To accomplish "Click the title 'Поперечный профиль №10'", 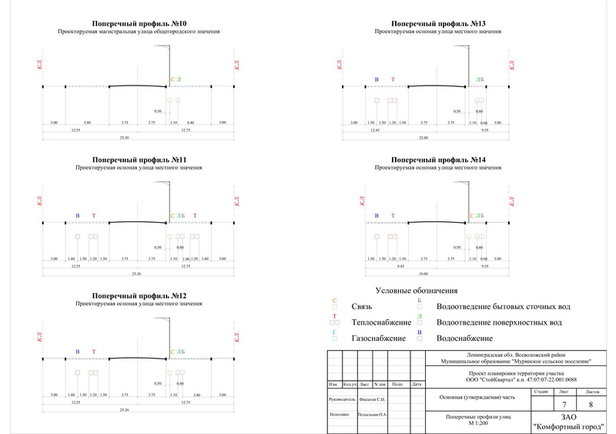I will [139, 25].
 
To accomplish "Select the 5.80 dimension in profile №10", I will [88, 123].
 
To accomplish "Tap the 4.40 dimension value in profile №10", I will [190, 123].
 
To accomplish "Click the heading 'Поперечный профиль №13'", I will [437, 25].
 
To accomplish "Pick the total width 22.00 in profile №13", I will [423, 137].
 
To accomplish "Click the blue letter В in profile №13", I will [377, 79].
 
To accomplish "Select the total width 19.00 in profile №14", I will [423, 274].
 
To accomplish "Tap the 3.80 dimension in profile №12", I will [197, 395].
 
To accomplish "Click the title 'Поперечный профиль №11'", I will [139, 160].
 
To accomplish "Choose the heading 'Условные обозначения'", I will [416, 291].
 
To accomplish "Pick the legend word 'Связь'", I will [362, 306].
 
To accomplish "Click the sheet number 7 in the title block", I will [564, 405].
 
